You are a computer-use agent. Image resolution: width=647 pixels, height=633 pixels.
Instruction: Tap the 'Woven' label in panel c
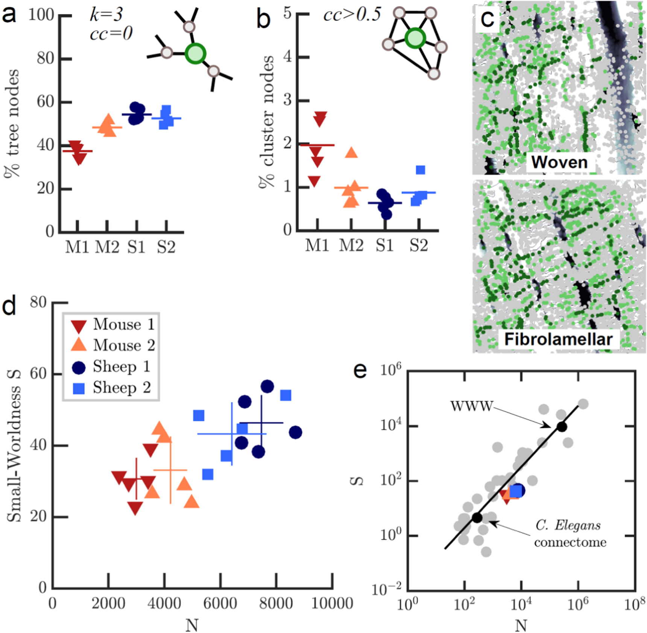(x=559, y=163)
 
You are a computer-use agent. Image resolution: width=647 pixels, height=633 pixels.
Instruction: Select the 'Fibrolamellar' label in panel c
(x=558, y=339)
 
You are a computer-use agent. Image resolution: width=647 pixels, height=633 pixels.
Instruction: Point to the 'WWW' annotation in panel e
(x=472, y=406)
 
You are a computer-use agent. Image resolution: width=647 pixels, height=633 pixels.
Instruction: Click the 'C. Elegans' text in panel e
(x=568, y=525)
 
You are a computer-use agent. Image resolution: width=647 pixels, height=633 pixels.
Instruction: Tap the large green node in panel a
(x=195, y=53)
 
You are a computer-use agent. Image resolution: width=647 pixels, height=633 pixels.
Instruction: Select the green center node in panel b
(x=415, y=38)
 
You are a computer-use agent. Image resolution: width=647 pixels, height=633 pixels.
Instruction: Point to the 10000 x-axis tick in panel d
(x=332, y=604)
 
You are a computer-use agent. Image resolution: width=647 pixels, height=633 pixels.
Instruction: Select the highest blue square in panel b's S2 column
(x=421, y=170)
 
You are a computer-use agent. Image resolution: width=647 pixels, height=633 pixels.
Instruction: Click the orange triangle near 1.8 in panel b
(x=351, y=153)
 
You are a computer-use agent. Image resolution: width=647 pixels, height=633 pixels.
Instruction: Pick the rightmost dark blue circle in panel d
(x=295, y=432)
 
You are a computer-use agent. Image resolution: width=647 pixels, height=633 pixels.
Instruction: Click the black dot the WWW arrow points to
(x=562, y=427)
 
